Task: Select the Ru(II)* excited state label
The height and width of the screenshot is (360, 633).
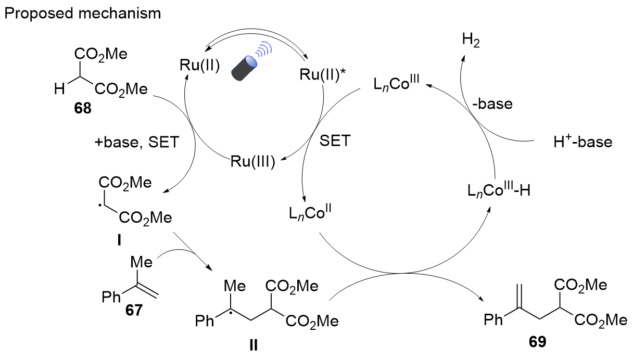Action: click(x=321, y=75)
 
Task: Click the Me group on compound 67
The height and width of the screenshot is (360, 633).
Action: click(x=141, y=261)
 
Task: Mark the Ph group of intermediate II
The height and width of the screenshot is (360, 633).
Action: click(x=206, y=321)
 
